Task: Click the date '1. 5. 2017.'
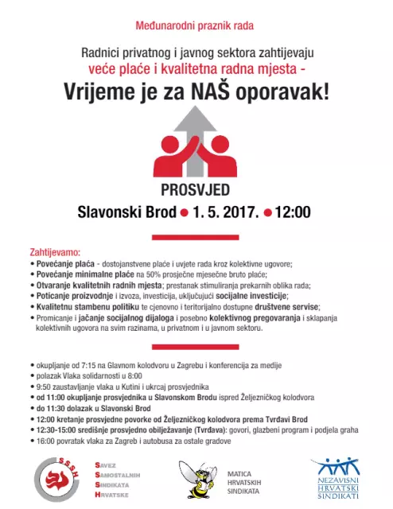(226, 212)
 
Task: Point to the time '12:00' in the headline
(292, 212)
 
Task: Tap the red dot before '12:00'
(267, 213)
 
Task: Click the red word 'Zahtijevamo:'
(54, 250)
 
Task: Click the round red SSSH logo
(58, 479)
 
